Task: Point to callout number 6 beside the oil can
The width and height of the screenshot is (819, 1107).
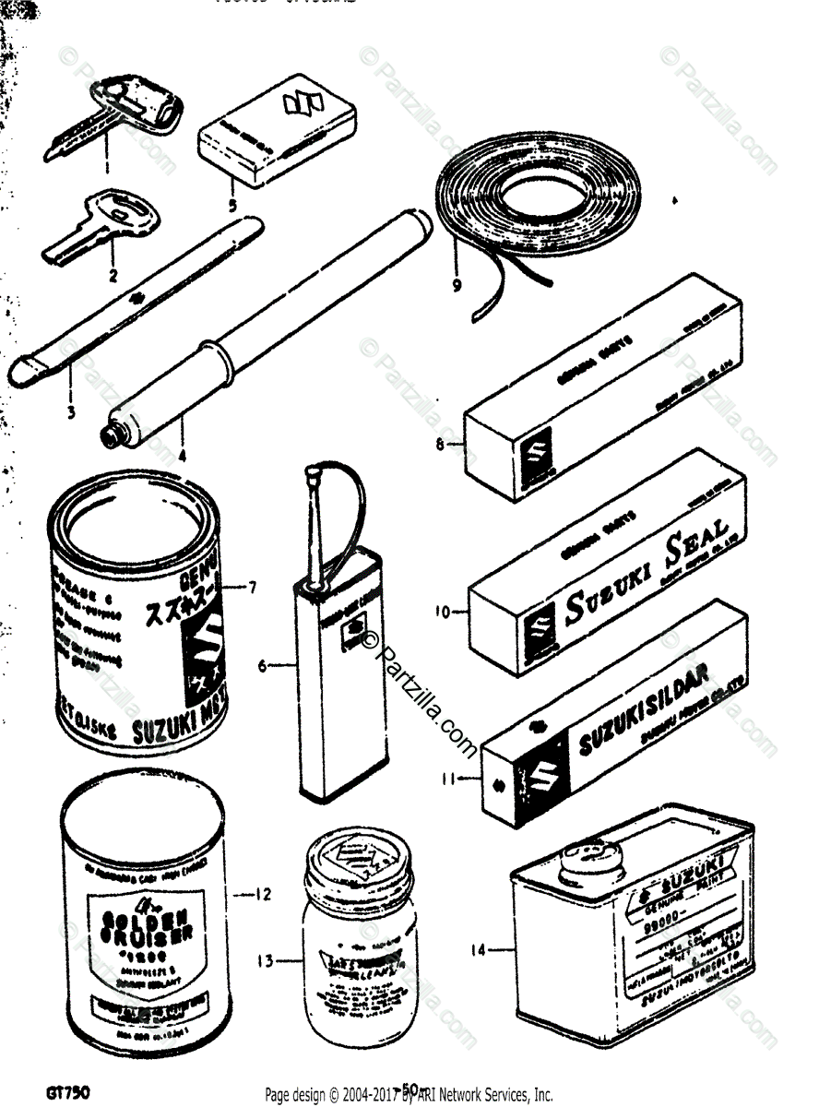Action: pyautogui.click(x=263, y=663)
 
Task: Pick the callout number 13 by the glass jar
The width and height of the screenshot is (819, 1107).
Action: pyautogui.click(x=266, y=960)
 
